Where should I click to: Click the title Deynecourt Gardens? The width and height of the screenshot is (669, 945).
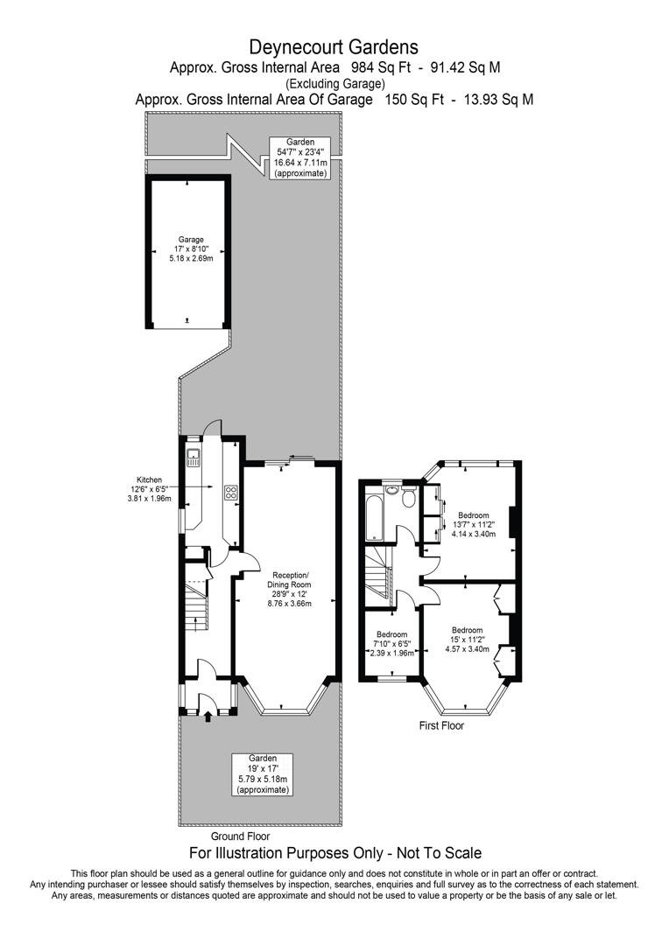coord(334,46)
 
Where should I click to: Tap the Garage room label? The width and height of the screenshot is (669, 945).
coord(191,248)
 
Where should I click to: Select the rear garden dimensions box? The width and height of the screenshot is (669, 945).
coord(300,157)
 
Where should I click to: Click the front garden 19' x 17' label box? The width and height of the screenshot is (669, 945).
coord(262,773)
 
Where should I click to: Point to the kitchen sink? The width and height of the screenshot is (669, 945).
coord(194,456)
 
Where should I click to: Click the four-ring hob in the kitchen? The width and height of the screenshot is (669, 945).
coord(232,493)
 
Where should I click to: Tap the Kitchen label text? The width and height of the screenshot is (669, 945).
coord(148,479)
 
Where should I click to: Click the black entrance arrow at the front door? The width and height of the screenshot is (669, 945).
coord(208,717)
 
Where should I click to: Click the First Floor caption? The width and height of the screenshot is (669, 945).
coord(441,725)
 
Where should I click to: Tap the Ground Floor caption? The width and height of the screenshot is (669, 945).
coord(240,836)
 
